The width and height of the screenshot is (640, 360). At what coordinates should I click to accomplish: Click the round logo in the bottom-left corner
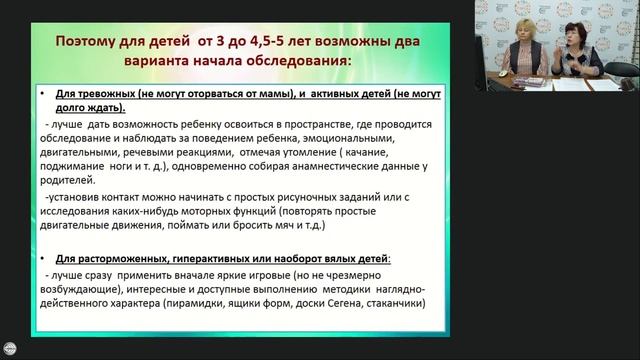pos(10,349)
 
